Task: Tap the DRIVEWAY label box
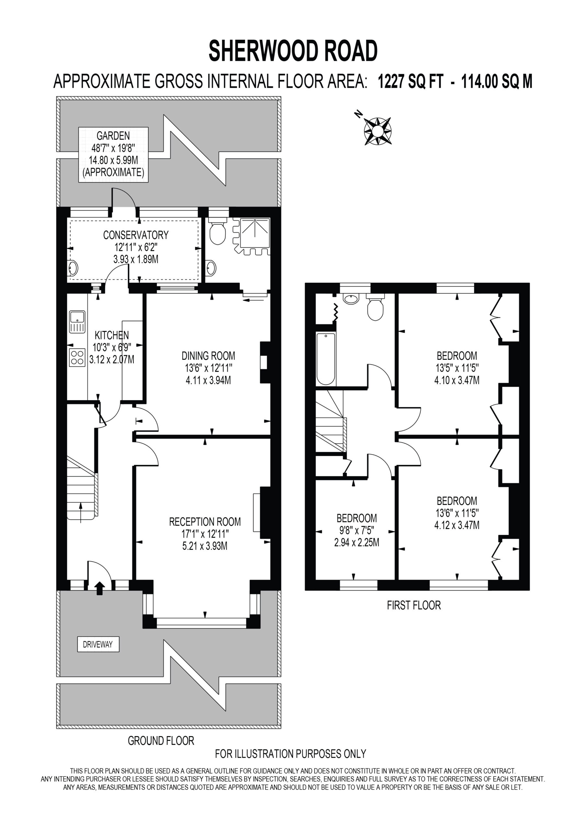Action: (98, 644)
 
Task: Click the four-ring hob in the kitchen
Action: (77, 358)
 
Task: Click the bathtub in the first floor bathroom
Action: (326, 359)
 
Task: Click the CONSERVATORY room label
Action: (136, 235)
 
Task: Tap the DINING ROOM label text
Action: (208, 356)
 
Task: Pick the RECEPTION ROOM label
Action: (205, 522)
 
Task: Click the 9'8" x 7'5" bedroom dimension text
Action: (357, 530)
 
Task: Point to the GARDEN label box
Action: (113, 154)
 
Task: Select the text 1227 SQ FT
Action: (410, 82)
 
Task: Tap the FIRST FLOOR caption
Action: (414, 605)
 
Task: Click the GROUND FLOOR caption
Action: (161, 741)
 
